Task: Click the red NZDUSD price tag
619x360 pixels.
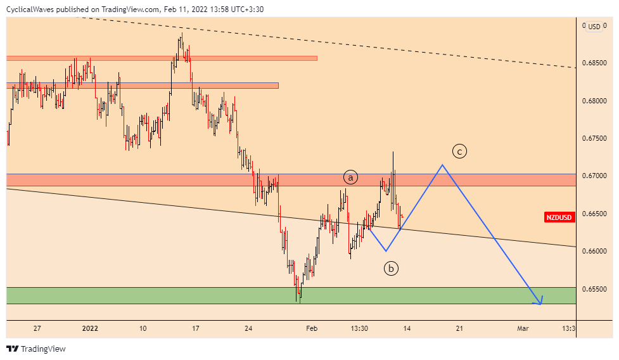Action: [559, 217]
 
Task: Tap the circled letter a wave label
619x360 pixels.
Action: [350, 177]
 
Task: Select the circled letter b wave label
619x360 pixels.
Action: [391, 269]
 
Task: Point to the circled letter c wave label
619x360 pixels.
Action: [459, 151]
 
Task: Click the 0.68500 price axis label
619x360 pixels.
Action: [594, 63]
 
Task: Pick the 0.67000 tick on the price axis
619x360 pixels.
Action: [594, 176]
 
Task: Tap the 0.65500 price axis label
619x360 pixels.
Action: [594, 289]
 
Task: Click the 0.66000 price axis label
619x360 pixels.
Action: [594, 252]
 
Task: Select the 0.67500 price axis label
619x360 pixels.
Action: [594, 139]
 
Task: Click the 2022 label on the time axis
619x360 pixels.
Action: [91, 328]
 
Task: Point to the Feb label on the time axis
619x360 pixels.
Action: [311, 328]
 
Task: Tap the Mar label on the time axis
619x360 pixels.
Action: [523, 328]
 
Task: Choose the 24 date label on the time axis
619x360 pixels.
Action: [248, 328]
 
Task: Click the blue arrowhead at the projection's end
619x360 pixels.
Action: [539, 302]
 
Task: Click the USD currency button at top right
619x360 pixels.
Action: [594, 27]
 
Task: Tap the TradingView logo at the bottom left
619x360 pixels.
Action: [36, 349]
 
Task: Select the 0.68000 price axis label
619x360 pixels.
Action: [594, 101]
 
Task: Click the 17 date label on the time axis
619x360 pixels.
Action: [196, 328]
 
